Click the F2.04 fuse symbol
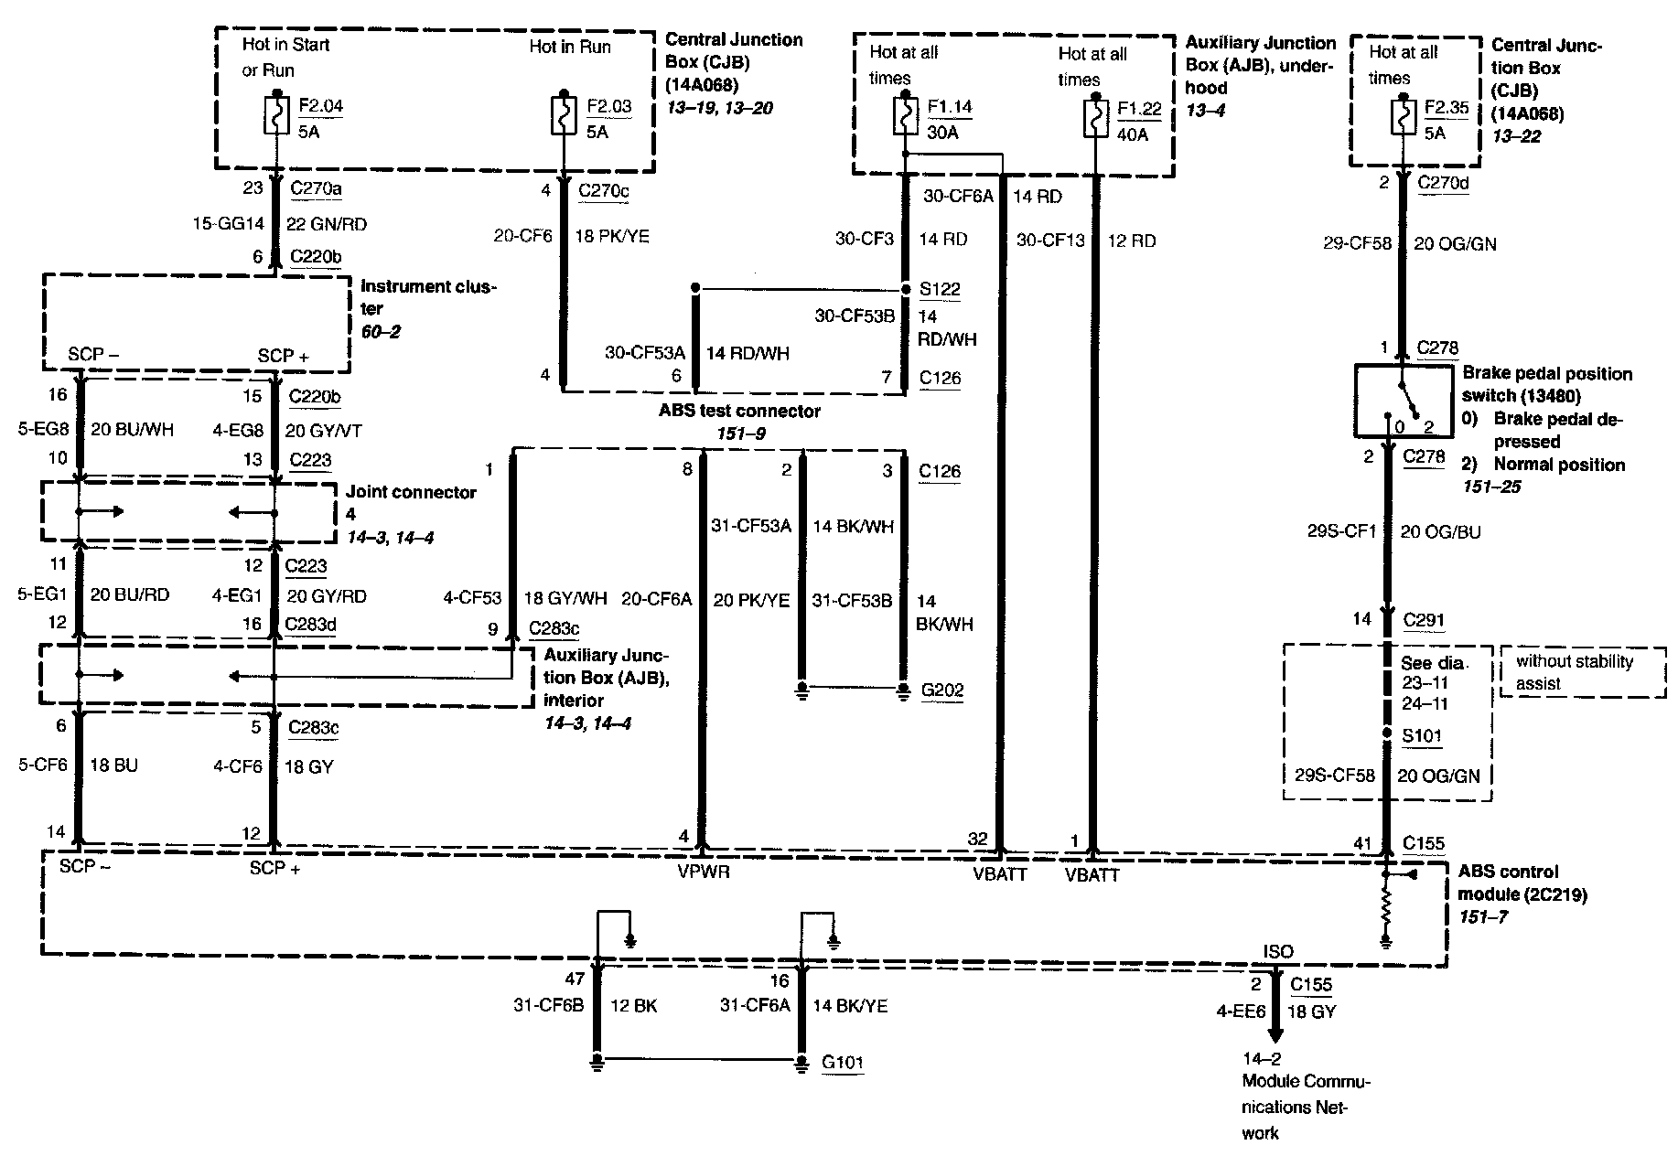tap(275, 117)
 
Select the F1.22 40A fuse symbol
tap(1094, 119)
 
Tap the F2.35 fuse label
tap(1447, 107)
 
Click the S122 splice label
tap(940, 289)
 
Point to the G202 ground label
tap(942, 690)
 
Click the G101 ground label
tap(843, 1062)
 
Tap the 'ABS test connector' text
tap(739, 411)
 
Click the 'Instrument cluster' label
tap(428, 297)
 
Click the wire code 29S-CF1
tap(1342, 531)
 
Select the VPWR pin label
tap(704, 872)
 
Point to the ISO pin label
tap(1278, 951)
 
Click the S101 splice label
tap(1422, 735)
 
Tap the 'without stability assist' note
tap(1575, 672)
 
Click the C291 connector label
tap(1425, 620)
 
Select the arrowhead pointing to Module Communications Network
tap(1275, 1034)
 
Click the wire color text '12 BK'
tap(633, 1006)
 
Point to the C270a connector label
tap(317, 188)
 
